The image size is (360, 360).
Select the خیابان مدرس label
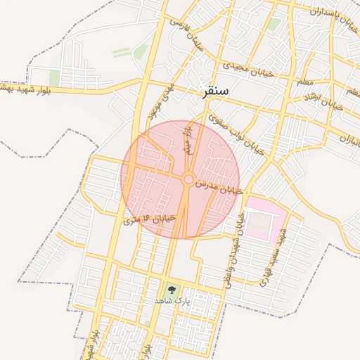(218, 186)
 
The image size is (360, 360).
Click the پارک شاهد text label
(172, 300)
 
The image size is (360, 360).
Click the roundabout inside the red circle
(188, 180)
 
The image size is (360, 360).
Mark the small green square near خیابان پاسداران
(274, 25)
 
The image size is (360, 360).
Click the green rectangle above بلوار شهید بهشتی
(54, 77)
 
